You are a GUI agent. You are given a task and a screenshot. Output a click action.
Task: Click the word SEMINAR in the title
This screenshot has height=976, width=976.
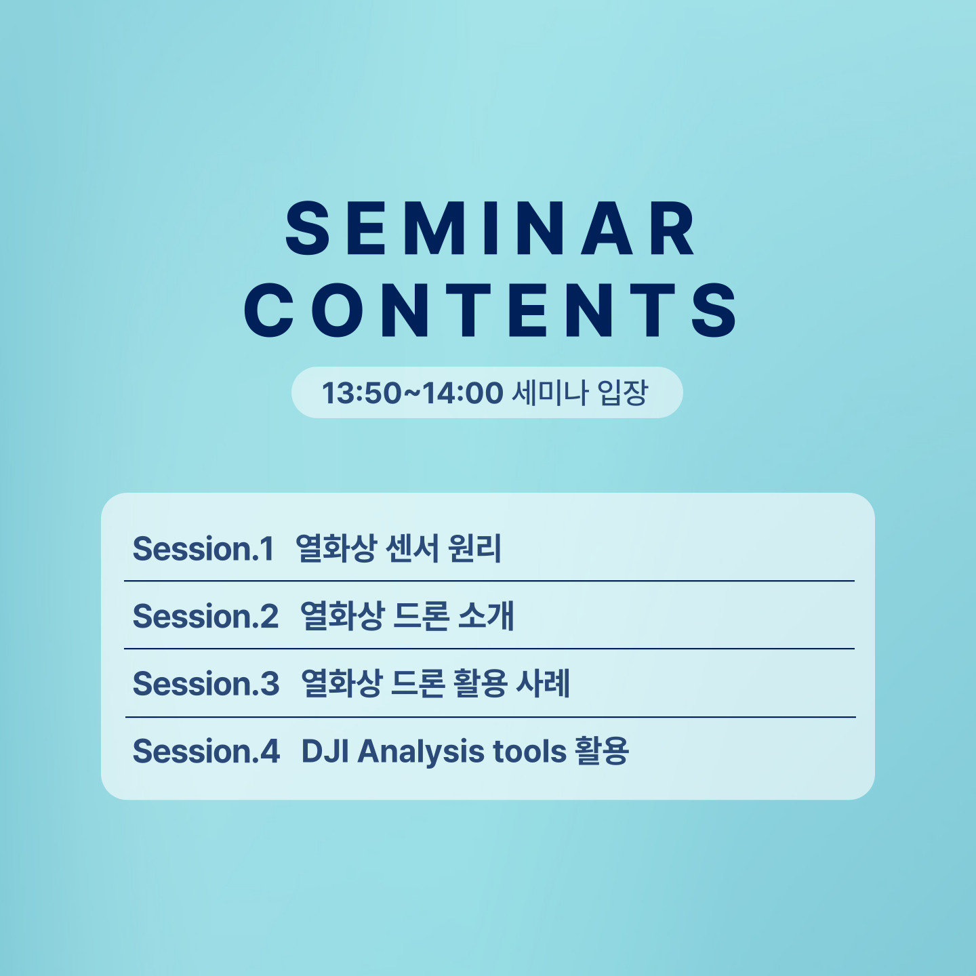(x=490, y=228)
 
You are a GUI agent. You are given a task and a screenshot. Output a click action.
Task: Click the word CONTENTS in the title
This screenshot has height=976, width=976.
(x=490, y=310)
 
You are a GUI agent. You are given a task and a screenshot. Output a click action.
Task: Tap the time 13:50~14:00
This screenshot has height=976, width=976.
(x=413, y=392)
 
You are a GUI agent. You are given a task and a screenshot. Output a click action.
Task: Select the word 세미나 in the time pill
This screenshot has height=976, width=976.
(x=550, y=392)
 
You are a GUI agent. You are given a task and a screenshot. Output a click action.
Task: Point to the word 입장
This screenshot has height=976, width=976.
(x=622, y=392)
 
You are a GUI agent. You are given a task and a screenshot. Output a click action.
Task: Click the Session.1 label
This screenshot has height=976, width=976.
(x=203, y=549)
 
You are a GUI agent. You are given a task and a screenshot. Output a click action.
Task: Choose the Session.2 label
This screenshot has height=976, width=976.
(x=205, y=616)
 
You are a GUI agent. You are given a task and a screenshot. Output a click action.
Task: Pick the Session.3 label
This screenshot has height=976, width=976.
(x=206, y=684)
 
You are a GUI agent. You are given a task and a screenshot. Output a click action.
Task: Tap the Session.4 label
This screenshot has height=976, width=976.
(x=206, y=751)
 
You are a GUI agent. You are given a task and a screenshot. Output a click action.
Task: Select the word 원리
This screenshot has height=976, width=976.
(x=475, y=548)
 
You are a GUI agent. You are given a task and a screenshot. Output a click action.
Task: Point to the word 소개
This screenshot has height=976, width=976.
(x=486, y=616)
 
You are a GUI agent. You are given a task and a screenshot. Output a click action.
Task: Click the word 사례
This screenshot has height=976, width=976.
(x=543, y=683)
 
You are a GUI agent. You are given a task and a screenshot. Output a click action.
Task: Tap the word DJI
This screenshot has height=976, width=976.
(x=325, y=751)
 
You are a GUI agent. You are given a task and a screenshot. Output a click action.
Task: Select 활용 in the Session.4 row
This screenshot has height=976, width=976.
(x=602, y=750)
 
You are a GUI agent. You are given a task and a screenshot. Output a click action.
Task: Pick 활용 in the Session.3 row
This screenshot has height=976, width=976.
(x=480, y=683)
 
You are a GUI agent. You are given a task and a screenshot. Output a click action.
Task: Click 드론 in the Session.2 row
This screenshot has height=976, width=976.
(x=421, y=616)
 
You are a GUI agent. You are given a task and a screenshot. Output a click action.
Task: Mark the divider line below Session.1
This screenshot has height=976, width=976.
(x=489, y=581)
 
